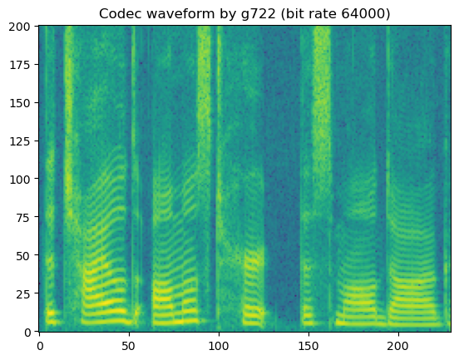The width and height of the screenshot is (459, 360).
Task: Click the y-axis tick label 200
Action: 21,26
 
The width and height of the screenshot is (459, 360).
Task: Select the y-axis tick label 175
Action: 21,64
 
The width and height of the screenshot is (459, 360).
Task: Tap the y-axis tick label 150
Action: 21,102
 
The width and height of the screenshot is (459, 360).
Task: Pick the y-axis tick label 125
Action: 21,141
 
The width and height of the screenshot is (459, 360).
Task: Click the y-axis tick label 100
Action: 21,179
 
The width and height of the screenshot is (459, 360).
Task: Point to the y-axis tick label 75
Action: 23,217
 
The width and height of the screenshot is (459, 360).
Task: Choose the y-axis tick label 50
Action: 23,255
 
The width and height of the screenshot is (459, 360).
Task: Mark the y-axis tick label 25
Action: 23,293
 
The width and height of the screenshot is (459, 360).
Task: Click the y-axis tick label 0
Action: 27,332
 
